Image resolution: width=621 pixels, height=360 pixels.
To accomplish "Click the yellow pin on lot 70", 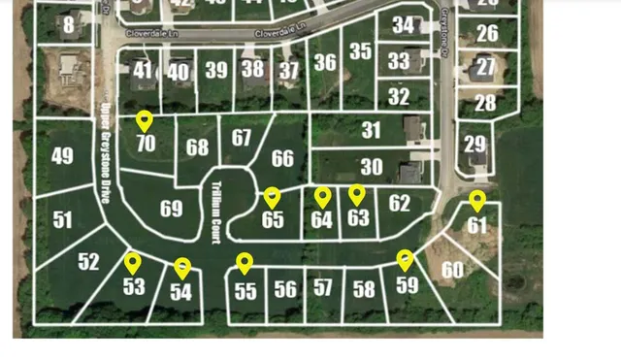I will [145, 121].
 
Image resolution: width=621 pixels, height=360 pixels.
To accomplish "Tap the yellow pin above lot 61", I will [476, 201].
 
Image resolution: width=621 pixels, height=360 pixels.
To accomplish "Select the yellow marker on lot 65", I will [272, 197].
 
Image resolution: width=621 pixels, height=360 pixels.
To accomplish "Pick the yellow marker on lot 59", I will [405, 260].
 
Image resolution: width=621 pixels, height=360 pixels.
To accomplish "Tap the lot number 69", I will [171, 209].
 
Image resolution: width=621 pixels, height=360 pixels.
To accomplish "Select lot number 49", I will [62, 156].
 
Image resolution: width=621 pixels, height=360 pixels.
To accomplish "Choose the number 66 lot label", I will [282, 158].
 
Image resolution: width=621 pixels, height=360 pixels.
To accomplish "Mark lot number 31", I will [371, 130].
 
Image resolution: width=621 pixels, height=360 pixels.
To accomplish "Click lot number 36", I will [325, 63].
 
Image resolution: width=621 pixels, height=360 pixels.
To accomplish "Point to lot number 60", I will [452, 270].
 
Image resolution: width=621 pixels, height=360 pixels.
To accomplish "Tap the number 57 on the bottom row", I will [323, 287].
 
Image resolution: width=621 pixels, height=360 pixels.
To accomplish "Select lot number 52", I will [88, 262].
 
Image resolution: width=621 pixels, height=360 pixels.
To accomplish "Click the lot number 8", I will [69, 25].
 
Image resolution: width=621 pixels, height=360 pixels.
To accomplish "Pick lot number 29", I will [474, 145].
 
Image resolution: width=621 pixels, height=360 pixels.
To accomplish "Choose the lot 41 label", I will [144, 70].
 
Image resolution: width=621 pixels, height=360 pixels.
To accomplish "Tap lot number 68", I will [198, 147].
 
